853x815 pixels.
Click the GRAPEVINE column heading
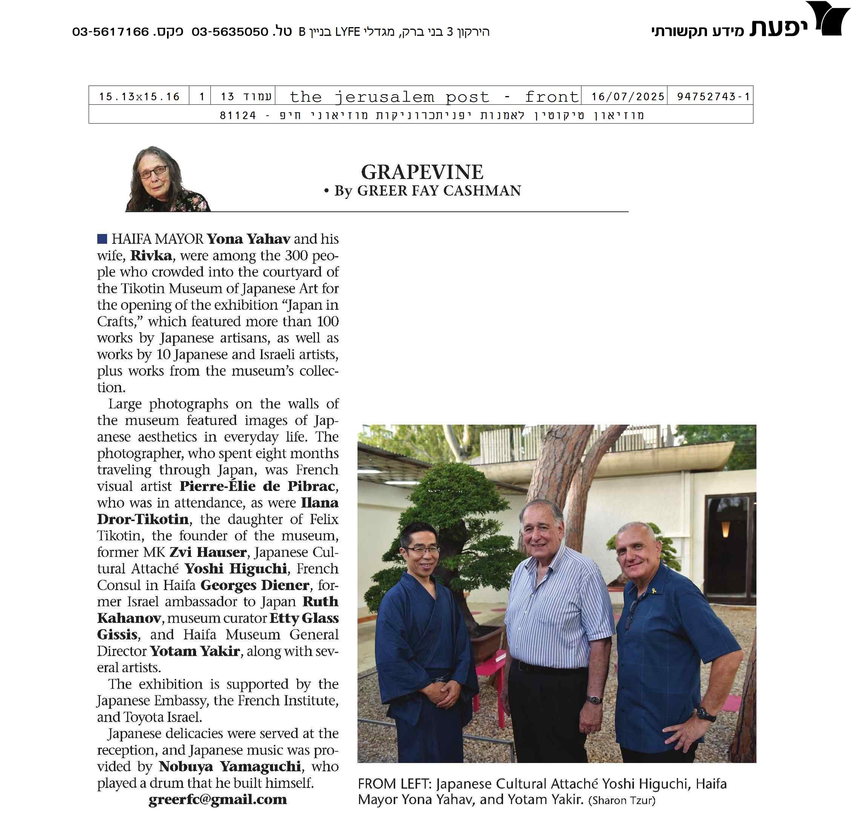click(x=422, y=172)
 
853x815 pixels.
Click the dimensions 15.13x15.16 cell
click(x=139, y=96)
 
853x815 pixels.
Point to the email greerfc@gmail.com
click(x=217, y=799)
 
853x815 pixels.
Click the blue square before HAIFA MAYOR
click(x=102, y=239)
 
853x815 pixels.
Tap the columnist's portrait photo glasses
click(x=153, y=173)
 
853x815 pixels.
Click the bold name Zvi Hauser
click(x=208, y=552)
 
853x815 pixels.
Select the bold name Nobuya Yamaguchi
click(x=230, y=766)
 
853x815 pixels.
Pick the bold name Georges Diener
click(x=255, y=585)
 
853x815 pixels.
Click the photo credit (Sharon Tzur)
click(x=621, y=800)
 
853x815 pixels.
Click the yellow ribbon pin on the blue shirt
click(x=653, y=591)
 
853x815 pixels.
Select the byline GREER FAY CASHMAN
click(x=439, y=191)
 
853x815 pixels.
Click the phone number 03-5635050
click(x=230, y=32)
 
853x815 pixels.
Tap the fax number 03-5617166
click(x=110, y=32)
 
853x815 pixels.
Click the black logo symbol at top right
click(x=831, y=18)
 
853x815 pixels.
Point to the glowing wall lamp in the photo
click(x=725, y=529)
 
